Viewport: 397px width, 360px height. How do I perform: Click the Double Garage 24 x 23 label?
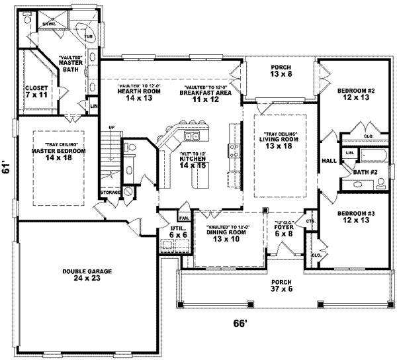(87, 275)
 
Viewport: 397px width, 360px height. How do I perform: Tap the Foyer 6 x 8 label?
(284, 232)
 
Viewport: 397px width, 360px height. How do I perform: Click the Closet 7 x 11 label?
(36, 92)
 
